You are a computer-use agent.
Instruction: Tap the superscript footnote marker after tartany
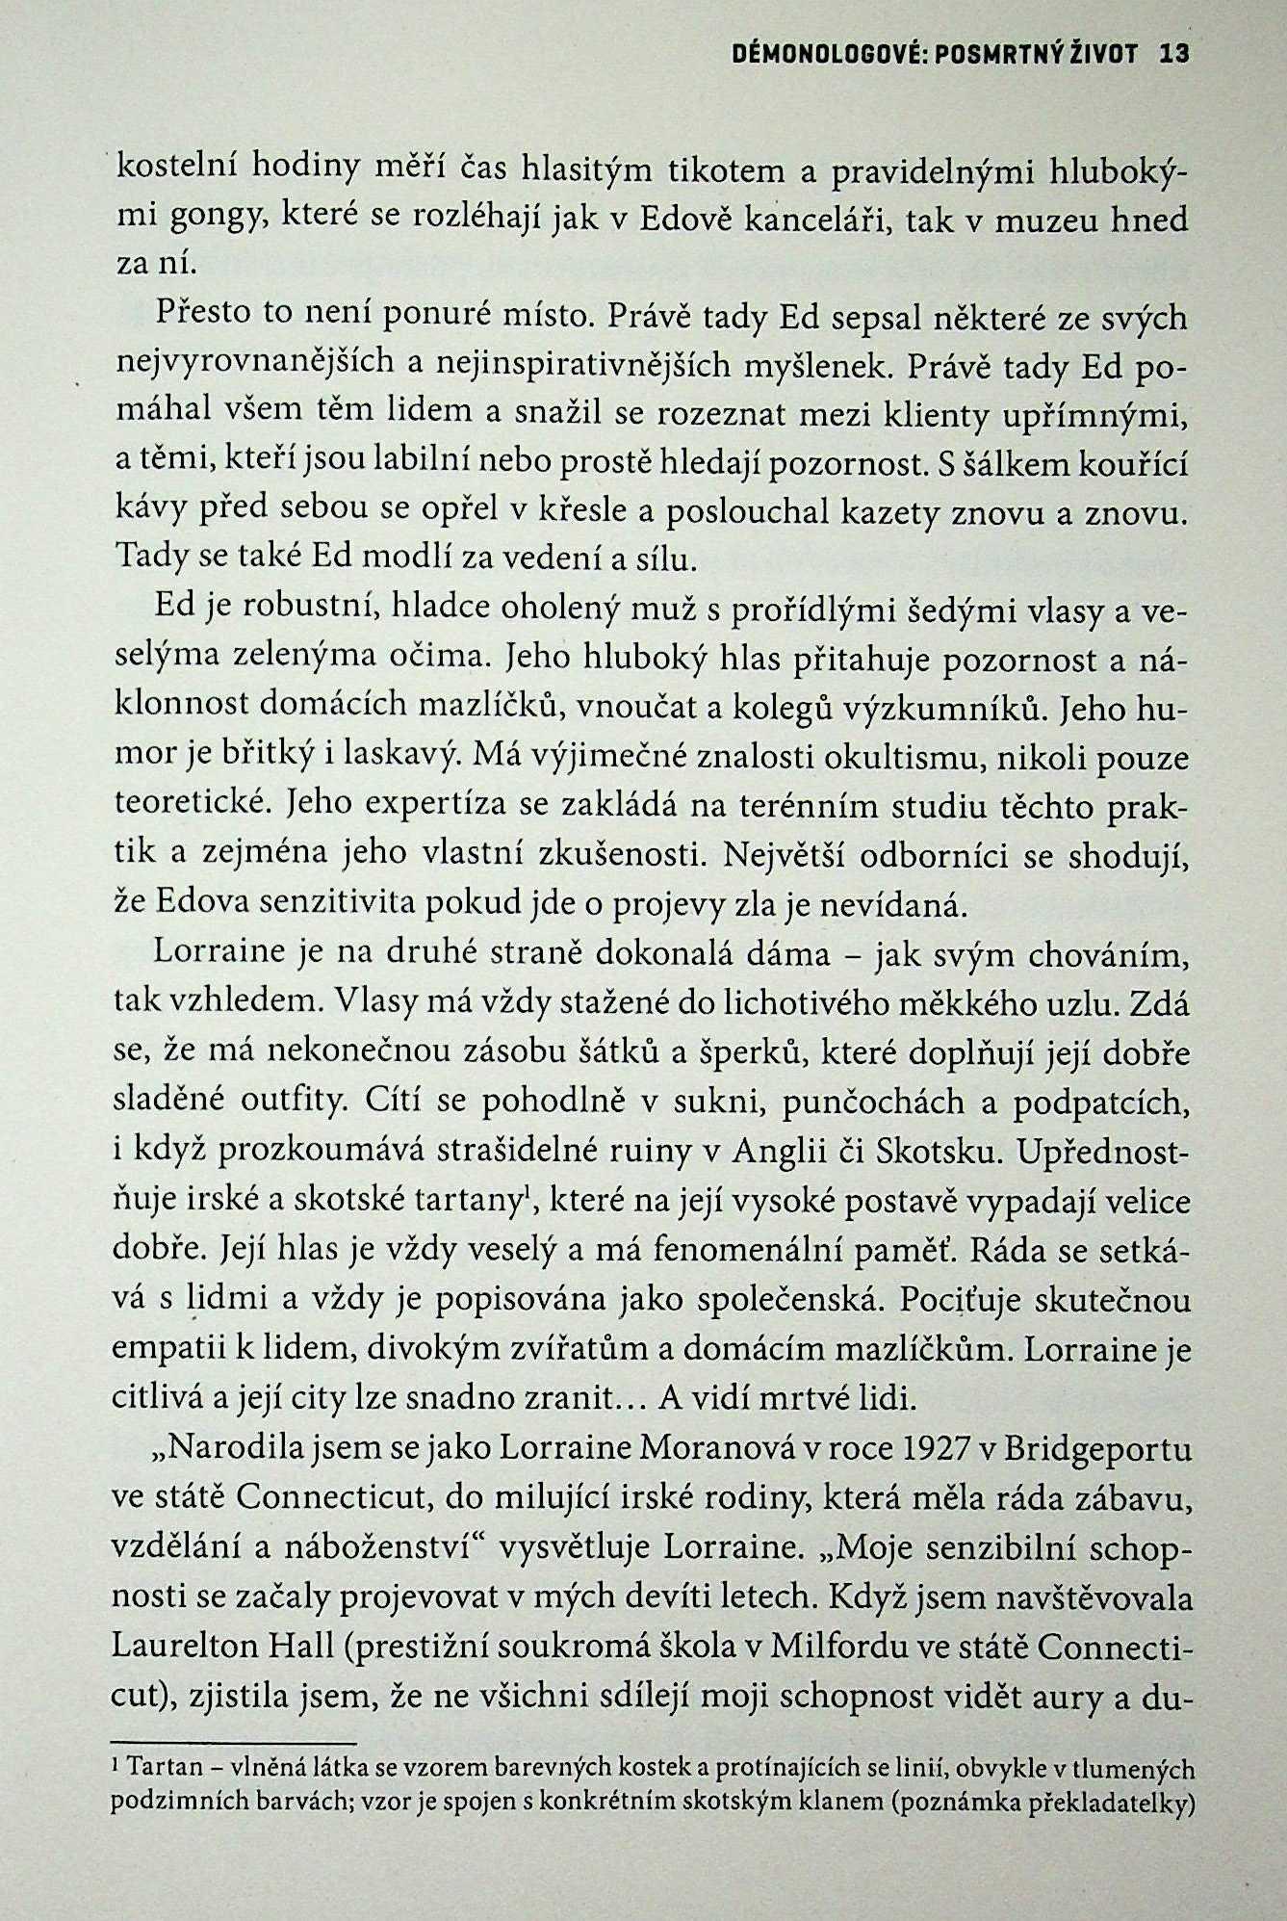(526, 1195)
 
